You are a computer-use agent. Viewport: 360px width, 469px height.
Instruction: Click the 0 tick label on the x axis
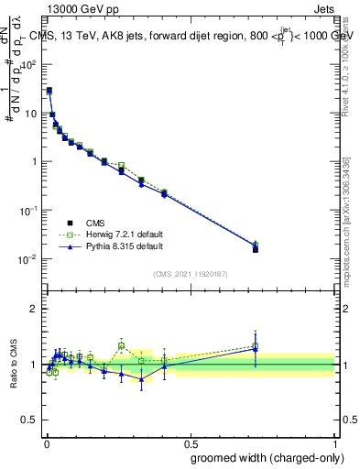coord(46,442)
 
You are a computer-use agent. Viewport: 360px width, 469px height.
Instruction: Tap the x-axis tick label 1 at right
coord(334,442)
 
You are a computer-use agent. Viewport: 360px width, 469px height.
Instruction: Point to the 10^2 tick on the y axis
coord(29,65)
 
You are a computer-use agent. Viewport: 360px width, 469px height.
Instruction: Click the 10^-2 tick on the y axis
coord(29,259)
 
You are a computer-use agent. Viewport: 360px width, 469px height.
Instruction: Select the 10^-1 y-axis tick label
coord(29,211)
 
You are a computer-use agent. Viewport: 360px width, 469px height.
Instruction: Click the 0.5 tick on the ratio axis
coord(30,422)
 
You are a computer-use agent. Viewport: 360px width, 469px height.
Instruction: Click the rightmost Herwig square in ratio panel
coord(256,346)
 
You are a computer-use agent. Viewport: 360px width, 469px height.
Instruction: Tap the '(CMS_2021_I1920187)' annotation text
coord(190,274)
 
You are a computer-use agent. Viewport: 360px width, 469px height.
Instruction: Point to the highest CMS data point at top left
coord(49,91)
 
